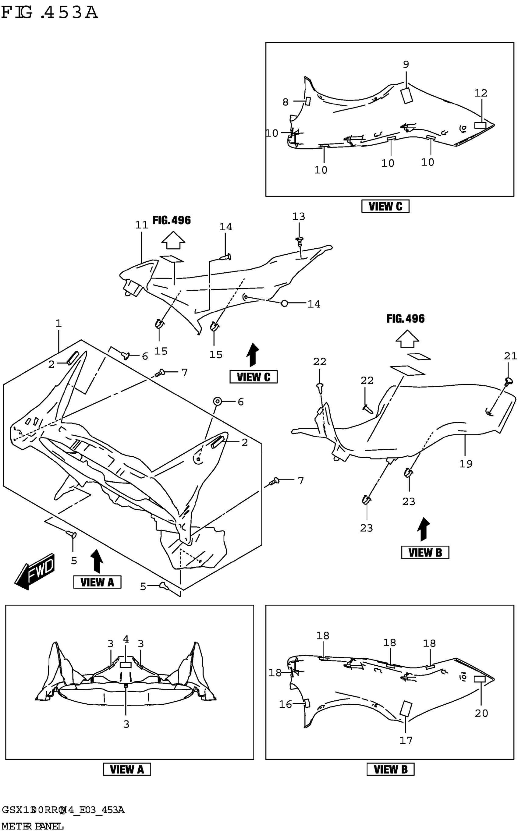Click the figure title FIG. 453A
[50, 13]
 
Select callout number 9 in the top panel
[406, 64]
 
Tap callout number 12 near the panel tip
[481, 93]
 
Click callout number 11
[141, 225]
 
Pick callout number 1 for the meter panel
[59, 323]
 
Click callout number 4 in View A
[126, 639]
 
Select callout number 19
[466, 463]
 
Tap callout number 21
[510, 356]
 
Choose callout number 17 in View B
[406, 740]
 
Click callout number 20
[481, 713]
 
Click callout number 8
[286, 102]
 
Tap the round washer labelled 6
[218, 401]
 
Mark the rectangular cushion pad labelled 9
[407, 95]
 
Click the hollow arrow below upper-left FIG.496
[173, 240]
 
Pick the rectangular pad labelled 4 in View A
[126, 665]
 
